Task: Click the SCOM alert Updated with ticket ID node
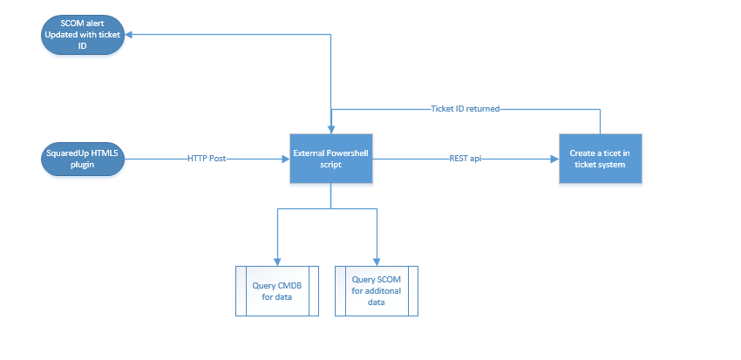point(83,35)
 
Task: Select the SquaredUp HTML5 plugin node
point(83,160)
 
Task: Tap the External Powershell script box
point(330,159)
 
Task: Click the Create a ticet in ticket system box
point(600,159)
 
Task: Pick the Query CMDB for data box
point(277,291)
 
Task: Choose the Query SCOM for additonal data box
point(377,291)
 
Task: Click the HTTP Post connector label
point(207,160)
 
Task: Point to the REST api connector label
point(466,160)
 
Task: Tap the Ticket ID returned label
point(466,109)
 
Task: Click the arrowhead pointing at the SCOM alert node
point(128,35)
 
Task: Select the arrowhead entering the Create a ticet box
point(555,160)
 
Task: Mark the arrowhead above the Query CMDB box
point(277,262)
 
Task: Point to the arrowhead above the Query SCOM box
point(377,262)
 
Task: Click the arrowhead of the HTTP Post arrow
point(286,160)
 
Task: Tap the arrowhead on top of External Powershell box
point(330,130)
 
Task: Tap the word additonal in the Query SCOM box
point(382,290)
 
